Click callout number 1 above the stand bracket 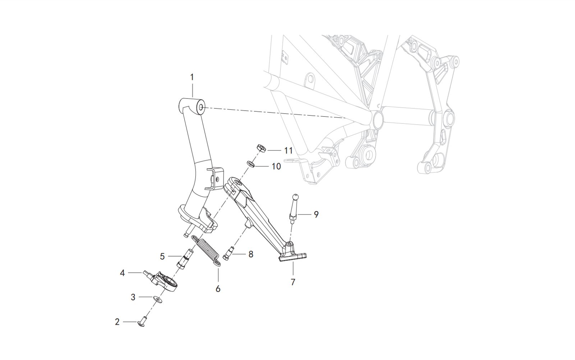click(192, 77)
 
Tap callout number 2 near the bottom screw click(117, 322)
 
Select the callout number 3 click(133, 297)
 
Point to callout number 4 click(122, 273)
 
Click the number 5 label click(162, 257)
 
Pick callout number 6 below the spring click(218, 288)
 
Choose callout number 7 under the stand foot click(293, 282)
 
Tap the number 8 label click(250, 254)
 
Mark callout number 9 click(316, 214)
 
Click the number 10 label click(276, 166)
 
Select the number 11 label click(288, 150)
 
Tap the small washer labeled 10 click(252, 164)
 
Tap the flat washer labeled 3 click(157, 299)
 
